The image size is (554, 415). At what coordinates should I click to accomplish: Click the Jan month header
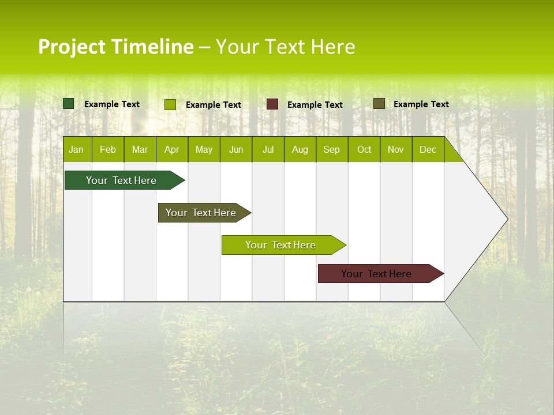click(76, 149)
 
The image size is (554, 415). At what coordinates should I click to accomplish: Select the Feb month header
click(108, 149)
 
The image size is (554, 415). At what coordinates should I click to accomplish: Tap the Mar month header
click(140, 149)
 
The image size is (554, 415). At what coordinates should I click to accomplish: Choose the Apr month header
click(172, 149)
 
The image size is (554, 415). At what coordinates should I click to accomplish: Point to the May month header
click(204, 149)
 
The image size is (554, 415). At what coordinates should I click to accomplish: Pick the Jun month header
click(236, 149)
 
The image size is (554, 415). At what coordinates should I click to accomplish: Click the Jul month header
click(268, 149)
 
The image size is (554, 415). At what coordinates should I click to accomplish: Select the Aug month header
click(300, 149)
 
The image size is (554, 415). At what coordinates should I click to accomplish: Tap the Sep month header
click(332, 149)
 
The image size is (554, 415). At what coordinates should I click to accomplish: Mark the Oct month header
click(364, 149)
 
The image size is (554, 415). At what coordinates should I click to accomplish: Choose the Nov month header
click(396, 149)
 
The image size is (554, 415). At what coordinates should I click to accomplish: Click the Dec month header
click(428, 149)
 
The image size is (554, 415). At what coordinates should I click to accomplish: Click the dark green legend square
click(69, 104)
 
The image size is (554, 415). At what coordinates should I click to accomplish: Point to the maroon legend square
click(272, 104)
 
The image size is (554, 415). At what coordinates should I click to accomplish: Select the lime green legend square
click(170, 104)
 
